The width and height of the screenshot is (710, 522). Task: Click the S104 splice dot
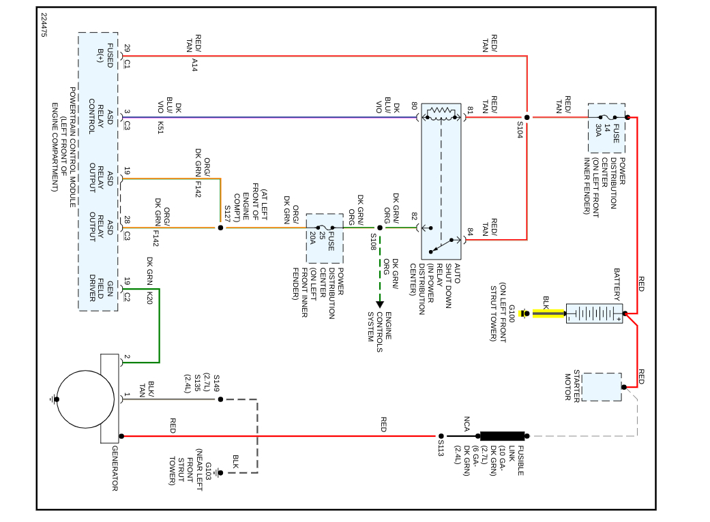coord(527,117)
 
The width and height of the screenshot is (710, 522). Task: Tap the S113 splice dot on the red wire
coord(441,435)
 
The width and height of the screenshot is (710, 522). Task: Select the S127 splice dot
coord(220,228)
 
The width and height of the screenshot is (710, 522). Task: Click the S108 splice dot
coord(380,228)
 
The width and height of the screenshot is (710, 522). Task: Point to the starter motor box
coord(601,386)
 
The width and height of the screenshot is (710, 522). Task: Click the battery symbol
coord(593,313)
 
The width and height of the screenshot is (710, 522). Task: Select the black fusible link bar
coord(503,435)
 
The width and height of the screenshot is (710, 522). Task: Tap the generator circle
coord(85,399)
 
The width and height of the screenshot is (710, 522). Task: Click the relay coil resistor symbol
coord(441,112)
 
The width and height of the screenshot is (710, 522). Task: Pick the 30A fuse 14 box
coord(606,128)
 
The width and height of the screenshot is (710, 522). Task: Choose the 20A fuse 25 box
coord(324,239)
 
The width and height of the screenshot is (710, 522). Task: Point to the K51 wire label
coord(161,126)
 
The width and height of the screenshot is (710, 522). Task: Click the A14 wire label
coord(194,65)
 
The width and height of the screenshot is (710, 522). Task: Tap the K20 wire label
coord(149,297)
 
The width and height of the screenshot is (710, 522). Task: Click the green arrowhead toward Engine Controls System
coord(380,303)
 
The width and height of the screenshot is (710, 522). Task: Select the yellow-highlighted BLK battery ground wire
coord(548,313)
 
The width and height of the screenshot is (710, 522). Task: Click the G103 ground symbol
coord(219,472)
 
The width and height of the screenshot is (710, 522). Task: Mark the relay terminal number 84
coord(469,232)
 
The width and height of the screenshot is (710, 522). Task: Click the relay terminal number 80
coord(414,107)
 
